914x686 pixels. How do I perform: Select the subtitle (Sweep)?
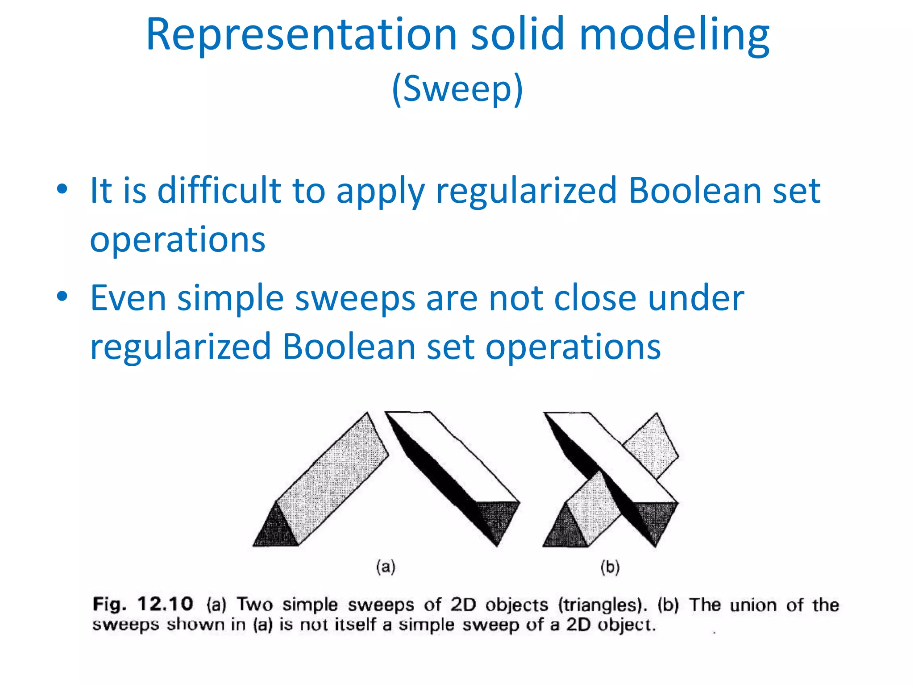click(457, 88)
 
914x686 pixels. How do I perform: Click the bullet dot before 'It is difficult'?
click(62, 189)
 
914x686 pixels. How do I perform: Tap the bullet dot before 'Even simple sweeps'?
click(62, 296)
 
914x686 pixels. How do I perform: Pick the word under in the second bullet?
click(696, 298)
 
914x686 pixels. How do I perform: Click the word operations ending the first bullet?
click(178, 240)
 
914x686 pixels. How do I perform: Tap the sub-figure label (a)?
click(386, 567)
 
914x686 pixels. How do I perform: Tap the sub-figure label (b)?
click(610, 567)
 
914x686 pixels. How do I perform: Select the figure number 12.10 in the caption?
click(165, 604)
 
